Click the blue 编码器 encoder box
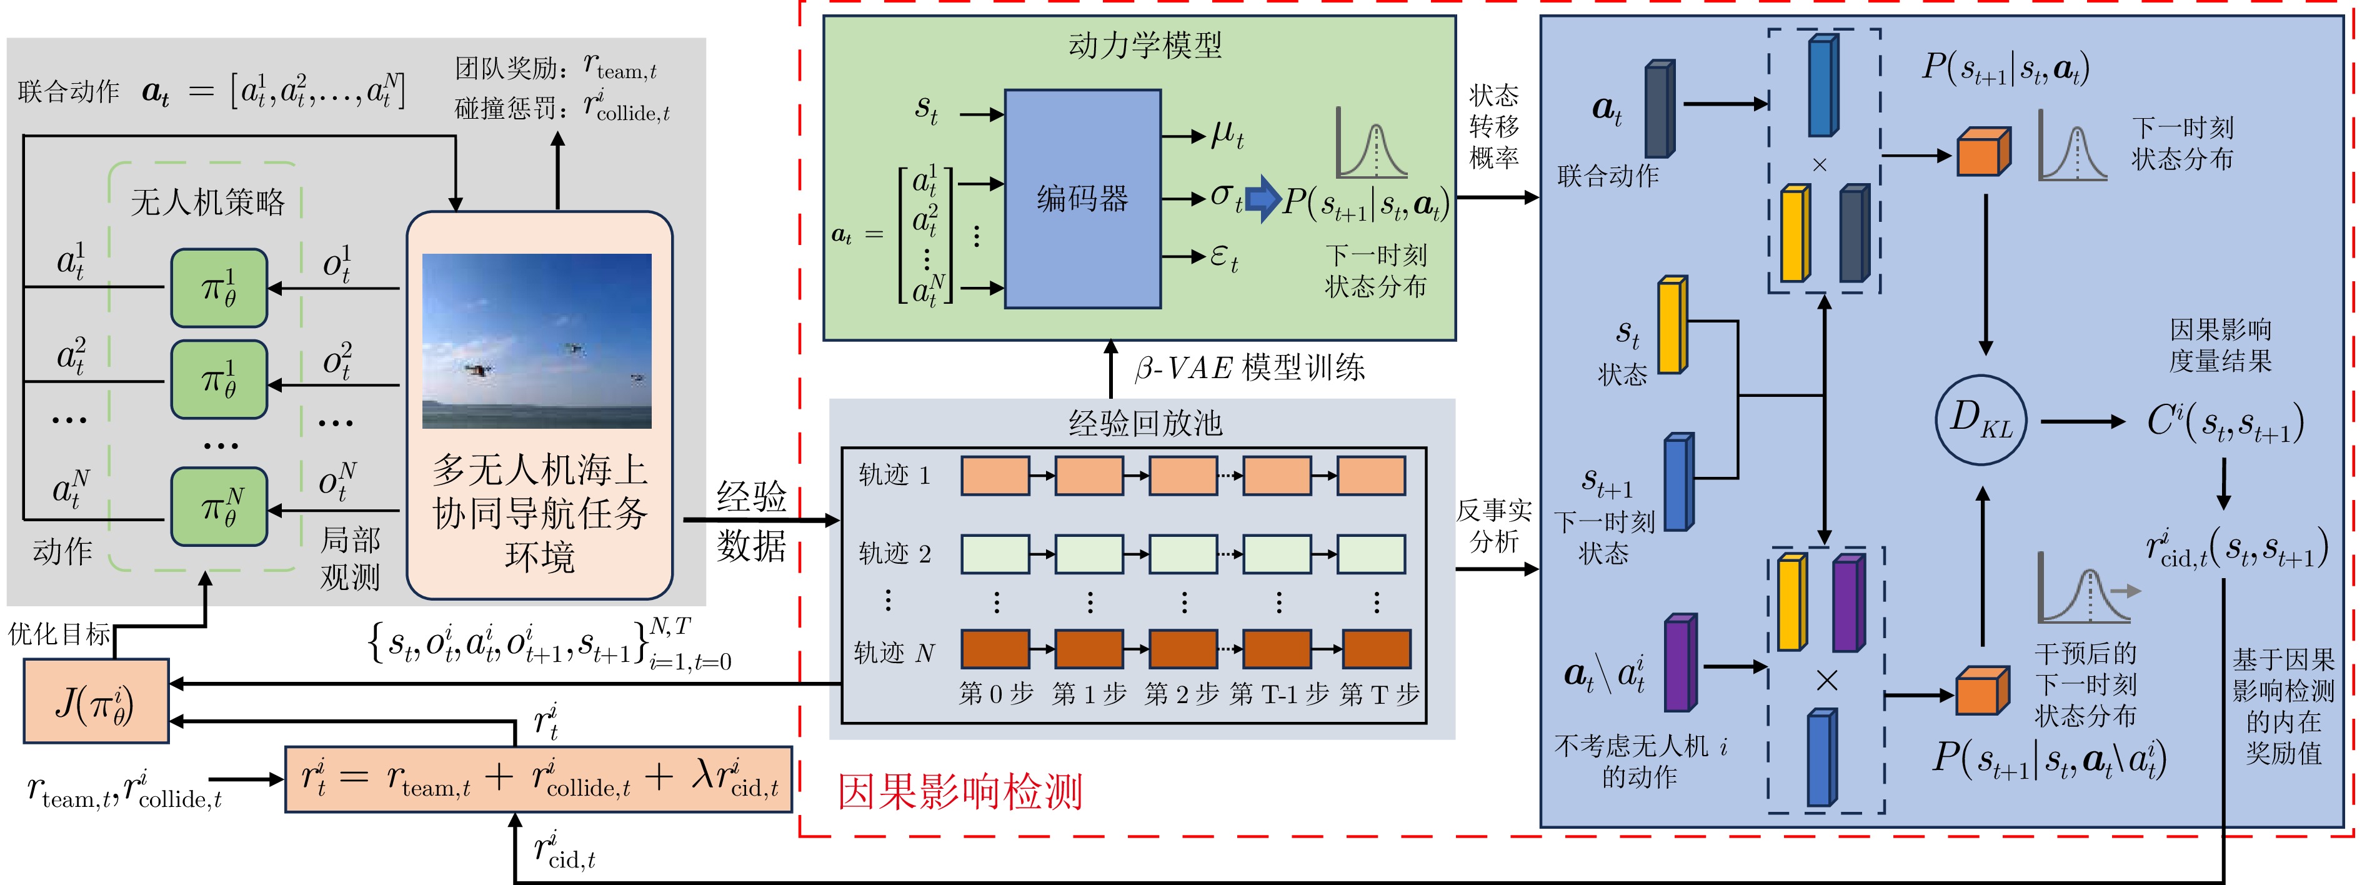[1083, 198]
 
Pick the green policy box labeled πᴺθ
[219, 506]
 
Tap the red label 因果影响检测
[960, 791]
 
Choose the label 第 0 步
[996, 694]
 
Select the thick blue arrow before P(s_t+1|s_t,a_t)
[1263, 198]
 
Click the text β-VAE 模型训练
[1250, 367]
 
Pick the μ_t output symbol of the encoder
[1227, 135]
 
